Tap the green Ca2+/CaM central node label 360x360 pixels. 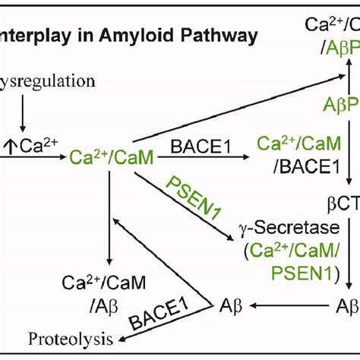(x=100, y=157)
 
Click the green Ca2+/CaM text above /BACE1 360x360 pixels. (x=289, y=143)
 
